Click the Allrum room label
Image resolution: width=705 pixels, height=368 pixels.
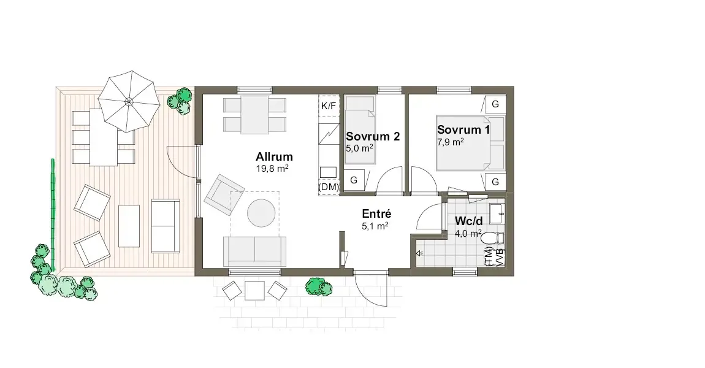(x=274, y=156)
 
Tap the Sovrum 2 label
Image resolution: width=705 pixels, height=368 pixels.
(x=373, y=136)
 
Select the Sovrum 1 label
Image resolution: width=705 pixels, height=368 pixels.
(x=463, y=129)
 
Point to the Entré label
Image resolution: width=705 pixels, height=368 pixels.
(x=377, y=213)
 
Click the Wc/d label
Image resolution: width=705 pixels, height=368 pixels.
(x=468, y=221)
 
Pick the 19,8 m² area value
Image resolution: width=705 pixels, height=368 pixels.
(x=272, y=169)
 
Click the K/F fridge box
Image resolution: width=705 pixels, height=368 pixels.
(x=329, y=106)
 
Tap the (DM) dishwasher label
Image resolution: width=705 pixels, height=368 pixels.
(x=329, y=186)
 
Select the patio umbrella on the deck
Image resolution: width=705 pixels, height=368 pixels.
(x=129, y=101)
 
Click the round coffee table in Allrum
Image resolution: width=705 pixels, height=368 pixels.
(x=261, y=213)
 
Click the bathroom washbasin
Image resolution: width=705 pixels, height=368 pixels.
(x=497, y=213)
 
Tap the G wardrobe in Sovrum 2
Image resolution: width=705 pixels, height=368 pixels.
(x=354, y=180)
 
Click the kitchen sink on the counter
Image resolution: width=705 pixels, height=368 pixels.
(x=328, y=172)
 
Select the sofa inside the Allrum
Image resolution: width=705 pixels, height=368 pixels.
(x=255, y=251)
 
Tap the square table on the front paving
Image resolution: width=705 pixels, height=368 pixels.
(x=254, y=291)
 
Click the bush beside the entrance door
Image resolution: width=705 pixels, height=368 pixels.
(x=319, y=286)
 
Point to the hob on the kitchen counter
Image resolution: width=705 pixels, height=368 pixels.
(x=329, y=134)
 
